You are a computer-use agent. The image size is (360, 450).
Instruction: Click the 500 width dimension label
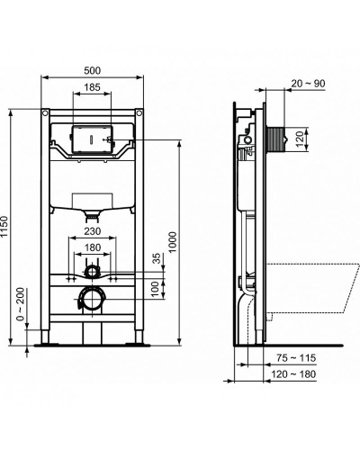pyautogui.click(x=92, y=69)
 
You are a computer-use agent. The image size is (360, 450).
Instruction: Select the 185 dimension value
pyautogui.click(x=92, y=87)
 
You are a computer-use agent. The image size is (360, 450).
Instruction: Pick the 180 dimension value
pyautogui.click(x=92, y=248)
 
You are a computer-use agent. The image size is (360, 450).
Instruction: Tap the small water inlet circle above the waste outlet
pyautogui.click(x=92, y=270)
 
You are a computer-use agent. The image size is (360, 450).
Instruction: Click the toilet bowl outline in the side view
pyautogui.click(x=310, y=288)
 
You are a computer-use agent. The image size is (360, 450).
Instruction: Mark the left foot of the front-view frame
pyautogui.click(x=46, y=341)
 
